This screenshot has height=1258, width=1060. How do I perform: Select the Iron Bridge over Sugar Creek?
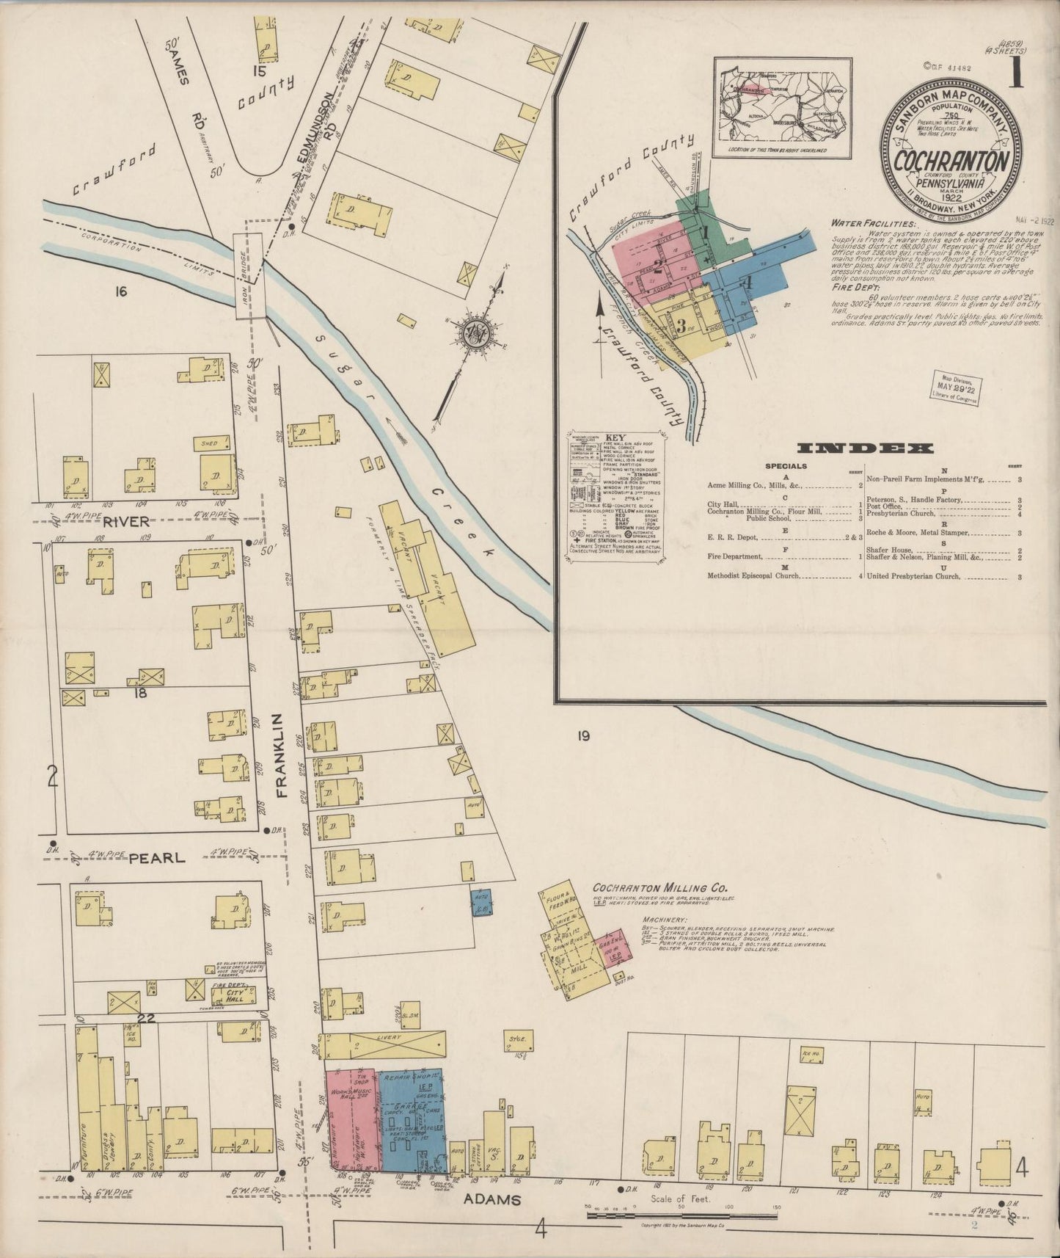click(x=249, y=275)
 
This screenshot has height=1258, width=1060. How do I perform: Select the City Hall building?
click(x=232, y=995)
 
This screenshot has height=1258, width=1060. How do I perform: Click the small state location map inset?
click(x=782, y=108)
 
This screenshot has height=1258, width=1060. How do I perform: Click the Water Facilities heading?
click(x=873, y=222)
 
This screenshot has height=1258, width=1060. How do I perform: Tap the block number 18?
click(x=141, y=692)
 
